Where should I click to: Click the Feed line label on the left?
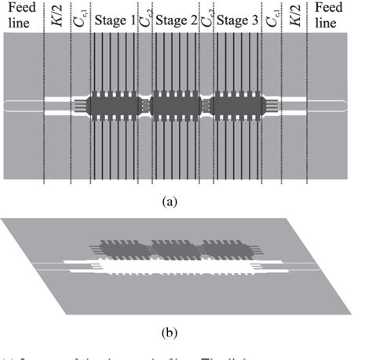[20, 16]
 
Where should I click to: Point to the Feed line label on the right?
[333, 16]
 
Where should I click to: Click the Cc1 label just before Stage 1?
[80, 19]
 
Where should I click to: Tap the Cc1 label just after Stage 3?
[273, 19]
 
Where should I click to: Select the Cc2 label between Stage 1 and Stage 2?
[145, 19]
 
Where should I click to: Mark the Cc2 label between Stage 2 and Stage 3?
[207, 19]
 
